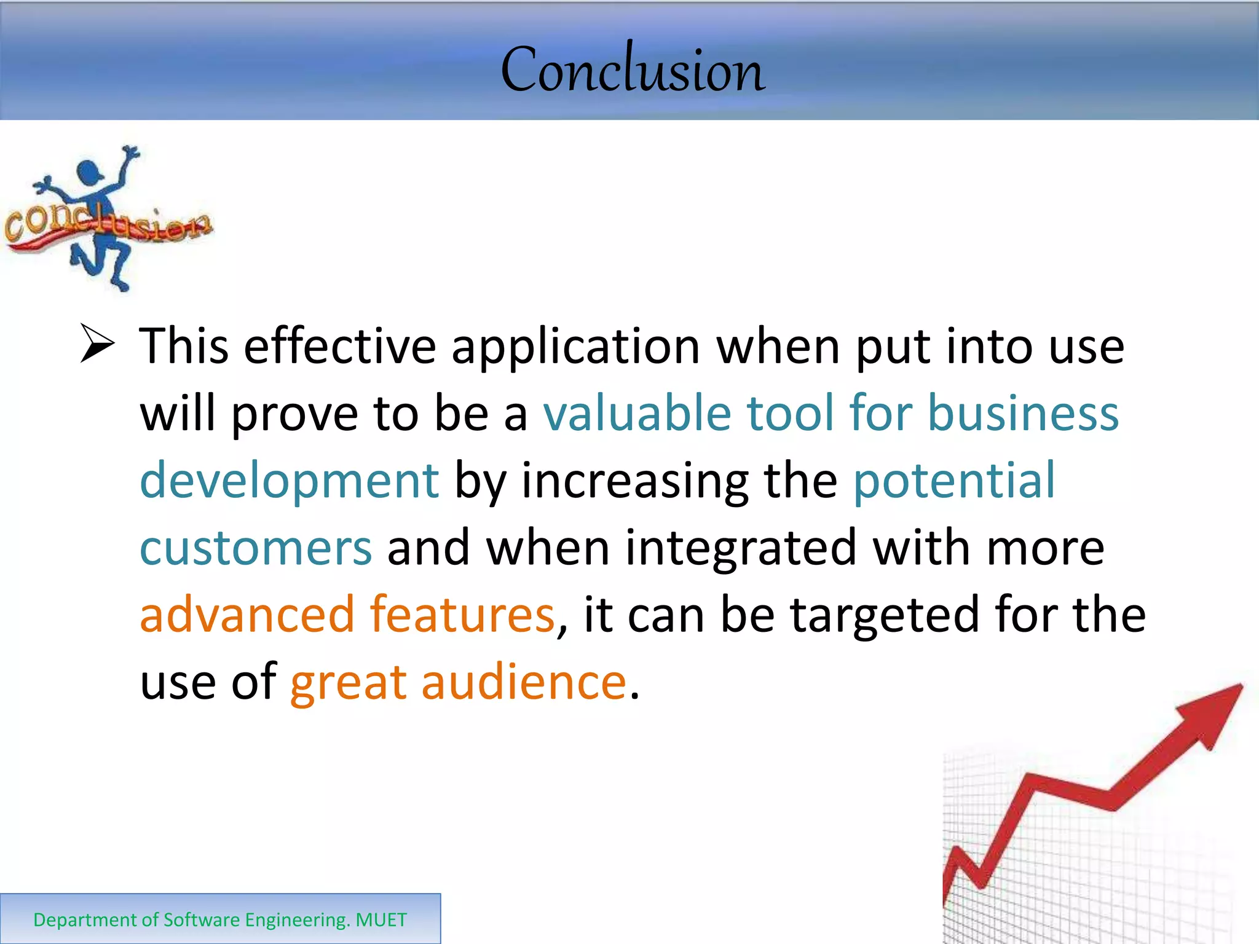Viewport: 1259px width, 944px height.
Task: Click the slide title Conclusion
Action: (x=633, y=69)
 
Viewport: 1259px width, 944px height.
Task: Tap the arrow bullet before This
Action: (x=97, y=345)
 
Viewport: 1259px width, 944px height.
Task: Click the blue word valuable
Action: (x=637, y=413)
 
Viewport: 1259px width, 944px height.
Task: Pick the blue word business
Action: (x=1023, y=413)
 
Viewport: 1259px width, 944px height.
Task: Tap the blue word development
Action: (x=289, y=481)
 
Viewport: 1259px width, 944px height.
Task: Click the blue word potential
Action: (x=954, y=480)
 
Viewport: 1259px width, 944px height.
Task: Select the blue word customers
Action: (x=256, y=548)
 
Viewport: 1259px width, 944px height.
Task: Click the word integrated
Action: (x=740, y=549)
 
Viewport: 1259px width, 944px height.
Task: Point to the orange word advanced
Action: (x=247, y=614)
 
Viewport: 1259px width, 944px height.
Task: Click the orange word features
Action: (x=462, y=614)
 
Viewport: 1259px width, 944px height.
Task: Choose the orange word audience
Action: (x=523, y=682)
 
